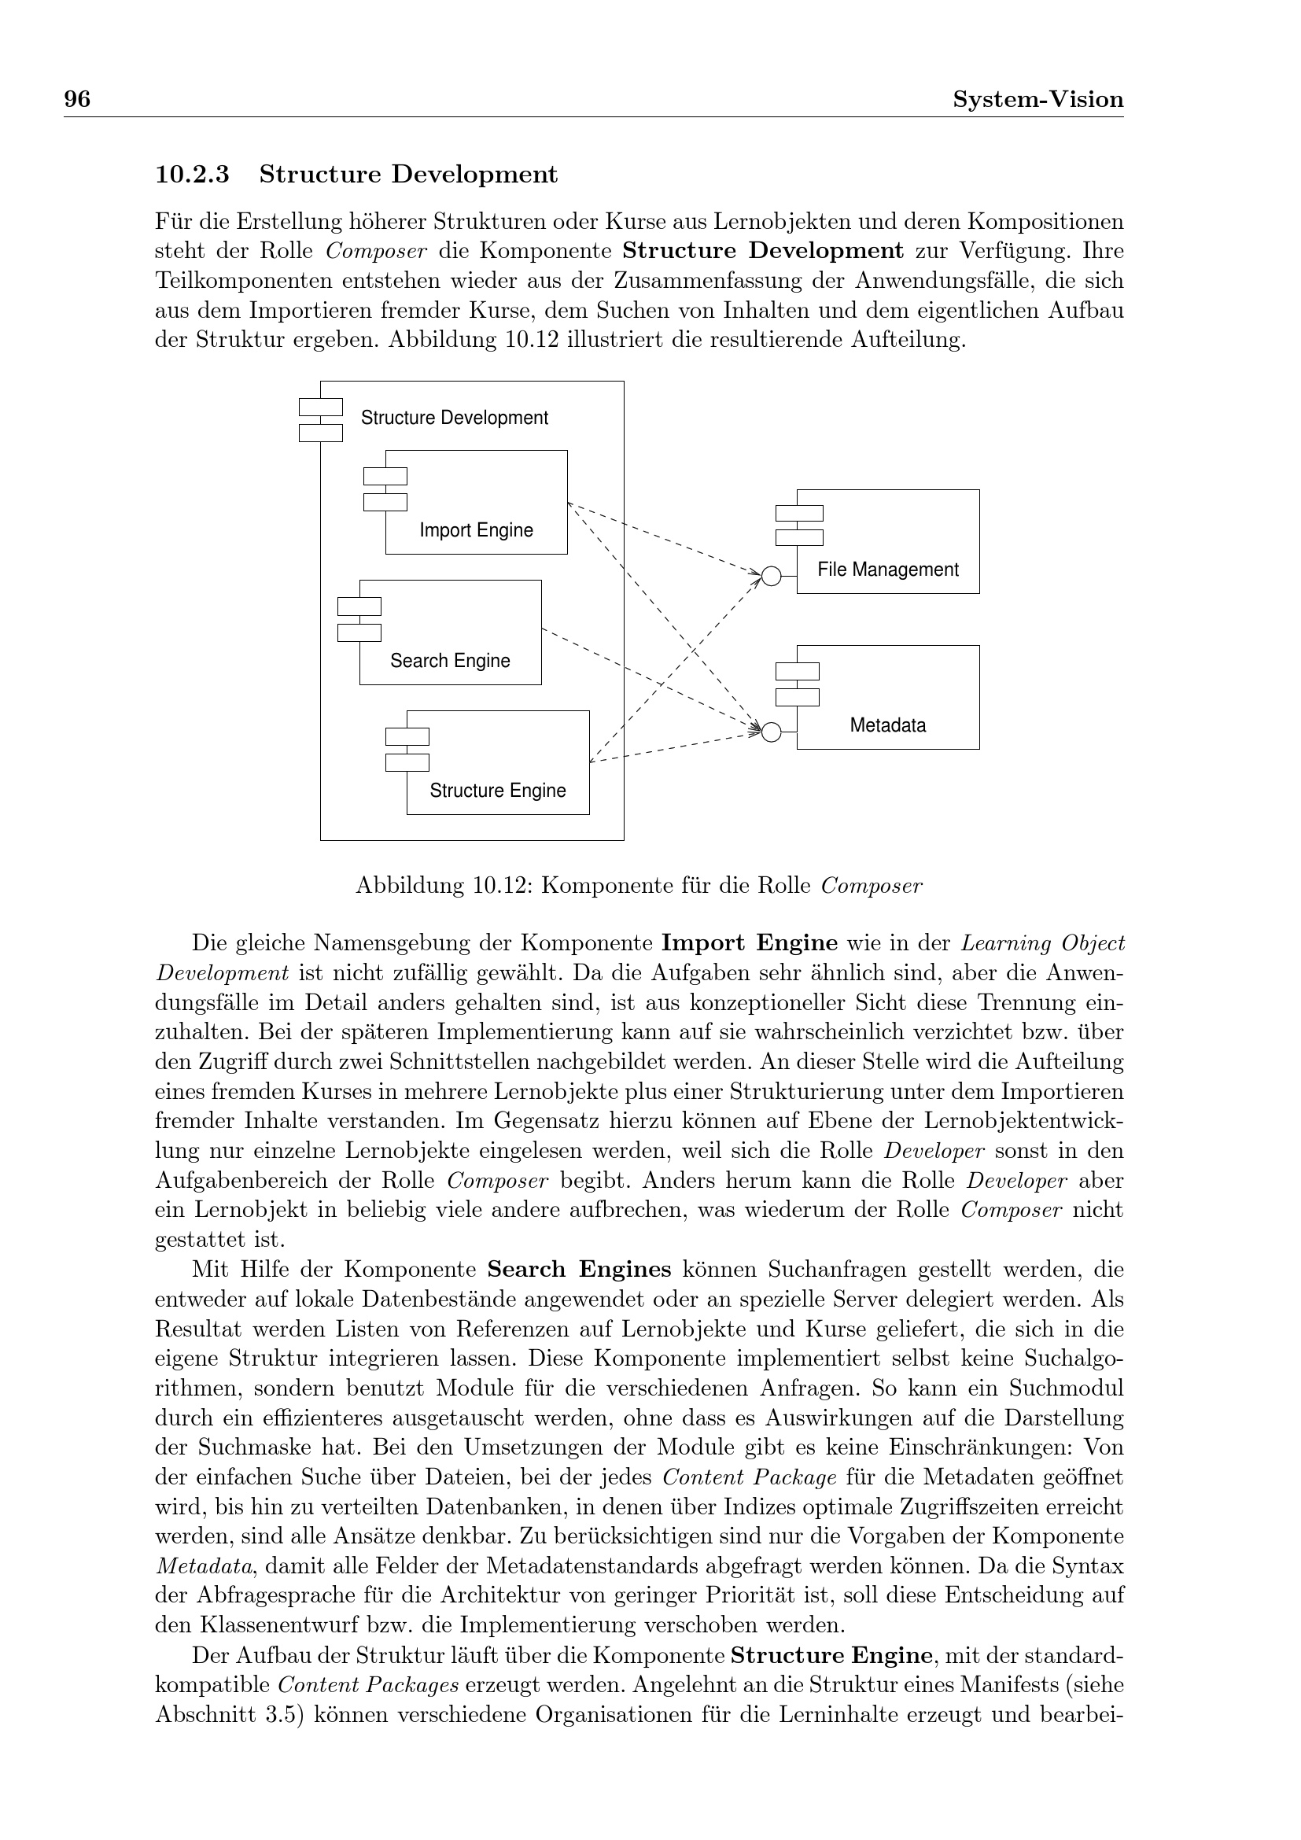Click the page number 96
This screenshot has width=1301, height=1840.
tap(77, 99)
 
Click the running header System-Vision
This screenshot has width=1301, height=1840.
tap(1037, 99)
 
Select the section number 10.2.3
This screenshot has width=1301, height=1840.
tap(192, 174)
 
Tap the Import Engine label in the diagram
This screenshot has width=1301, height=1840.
tap(476, 529)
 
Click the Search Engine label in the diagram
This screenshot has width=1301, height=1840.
tap(449, 660)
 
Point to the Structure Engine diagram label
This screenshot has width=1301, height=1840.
tap(497, 790)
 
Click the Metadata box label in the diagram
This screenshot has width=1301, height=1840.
tap(887, 725)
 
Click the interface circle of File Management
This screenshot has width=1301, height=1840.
tap(771, 576)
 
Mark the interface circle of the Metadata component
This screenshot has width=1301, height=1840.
tap(771, 732)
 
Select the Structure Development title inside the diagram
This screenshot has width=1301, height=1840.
tap(454, 418)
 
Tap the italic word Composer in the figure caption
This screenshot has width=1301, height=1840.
tap(872, 886)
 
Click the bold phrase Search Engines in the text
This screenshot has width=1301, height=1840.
tap(579, 1270)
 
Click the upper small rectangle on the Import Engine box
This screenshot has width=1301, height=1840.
tap(385, 476)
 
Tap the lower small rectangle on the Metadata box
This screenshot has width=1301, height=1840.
tap(797, 697)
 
